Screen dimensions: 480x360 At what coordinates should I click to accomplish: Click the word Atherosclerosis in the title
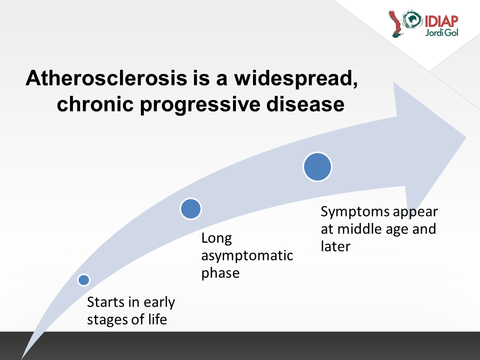coord(106,78)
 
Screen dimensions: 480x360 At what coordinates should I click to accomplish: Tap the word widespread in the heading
coord(296,78)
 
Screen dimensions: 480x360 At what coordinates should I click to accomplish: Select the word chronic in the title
coord(95,104)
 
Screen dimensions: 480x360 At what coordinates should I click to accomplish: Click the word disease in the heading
coord(305,104)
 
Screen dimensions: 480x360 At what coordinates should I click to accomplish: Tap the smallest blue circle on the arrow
coord(83,280)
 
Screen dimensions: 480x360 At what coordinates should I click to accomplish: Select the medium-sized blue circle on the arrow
coord(190,209)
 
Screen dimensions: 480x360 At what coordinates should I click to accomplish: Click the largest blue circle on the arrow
coord(317,167)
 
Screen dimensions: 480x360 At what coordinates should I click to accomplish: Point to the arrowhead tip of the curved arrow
coord(466,137)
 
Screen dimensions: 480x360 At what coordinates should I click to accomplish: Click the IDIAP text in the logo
coord(441,21)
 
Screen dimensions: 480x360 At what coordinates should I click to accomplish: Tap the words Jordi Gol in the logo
coord(441,32)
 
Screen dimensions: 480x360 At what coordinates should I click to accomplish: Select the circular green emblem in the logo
coord(412,19)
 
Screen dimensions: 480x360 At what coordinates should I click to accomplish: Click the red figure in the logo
coord(395,24)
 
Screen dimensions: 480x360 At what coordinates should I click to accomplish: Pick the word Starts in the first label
coord(106,302)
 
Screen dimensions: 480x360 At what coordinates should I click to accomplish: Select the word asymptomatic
coord(247,256)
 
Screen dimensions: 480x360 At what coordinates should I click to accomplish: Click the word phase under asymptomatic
coord(220,273)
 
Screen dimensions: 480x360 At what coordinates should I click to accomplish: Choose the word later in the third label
coord(335,246)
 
